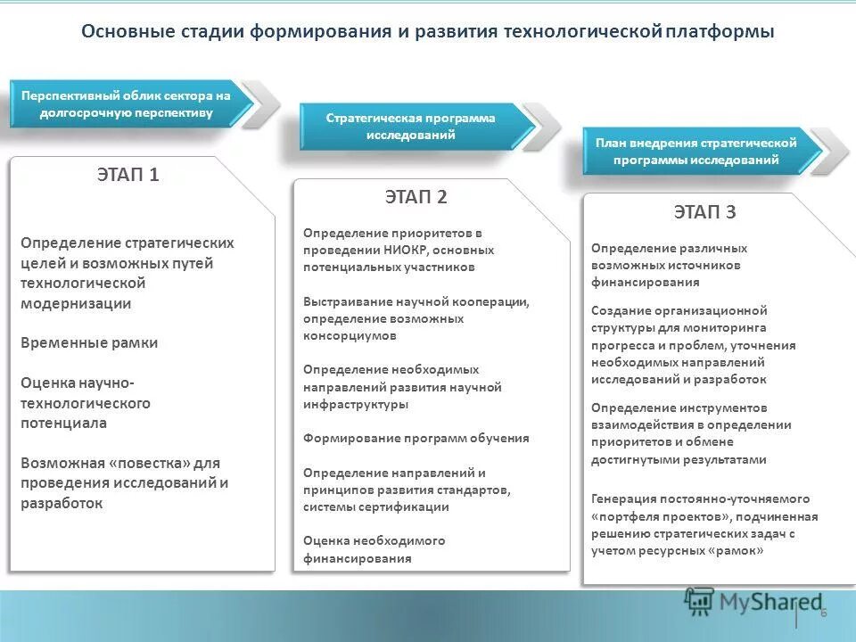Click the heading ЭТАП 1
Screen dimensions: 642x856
[128, 175]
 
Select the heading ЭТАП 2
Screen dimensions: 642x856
[416, 197]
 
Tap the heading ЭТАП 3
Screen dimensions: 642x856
[704, 212]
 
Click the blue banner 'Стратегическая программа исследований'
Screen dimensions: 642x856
[410, 127]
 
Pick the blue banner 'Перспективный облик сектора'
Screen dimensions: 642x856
[126, 103]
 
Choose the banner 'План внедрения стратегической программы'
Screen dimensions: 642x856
[695, 152]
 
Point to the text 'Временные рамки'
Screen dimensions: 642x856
[89, 343]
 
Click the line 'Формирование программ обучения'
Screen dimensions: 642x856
[416, 439]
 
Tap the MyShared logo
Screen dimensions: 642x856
[753, 602]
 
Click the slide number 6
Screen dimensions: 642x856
[823, 612]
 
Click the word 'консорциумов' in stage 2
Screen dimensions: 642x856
[350, 336]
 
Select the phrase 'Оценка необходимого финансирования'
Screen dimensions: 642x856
[374, 550]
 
